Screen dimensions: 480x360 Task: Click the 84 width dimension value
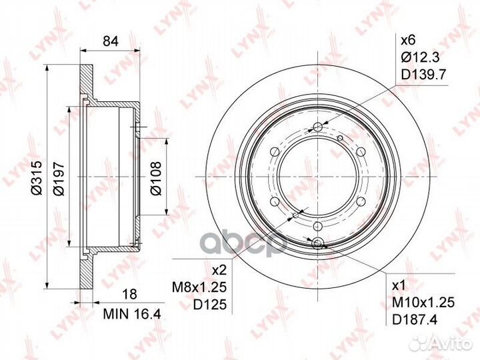pos(110,41)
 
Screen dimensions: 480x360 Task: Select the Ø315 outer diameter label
pos(37,177)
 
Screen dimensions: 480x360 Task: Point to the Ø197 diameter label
pos(59,179)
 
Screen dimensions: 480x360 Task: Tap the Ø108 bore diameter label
pos(155,178)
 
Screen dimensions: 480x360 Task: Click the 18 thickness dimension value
pos(129,294)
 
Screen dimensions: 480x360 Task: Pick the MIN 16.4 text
pos(132,314)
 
